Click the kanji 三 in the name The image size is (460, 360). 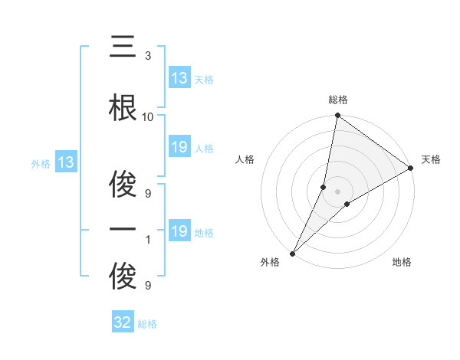coord(123,47)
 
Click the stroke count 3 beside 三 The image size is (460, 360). coord(147,56)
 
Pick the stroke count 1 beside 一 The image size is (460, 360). coord(147,240)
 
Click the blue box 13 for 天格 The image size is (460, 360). coord(179,78)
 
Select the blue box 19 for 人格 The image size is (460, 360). coord(179,147)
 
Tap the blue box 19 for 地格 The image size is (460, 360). coord(179,231)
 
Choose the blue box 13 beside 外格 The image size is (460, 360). coord(65,162)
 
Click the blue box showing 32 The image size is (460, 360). coord(123,322)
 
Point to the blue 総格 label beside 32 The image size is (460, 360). coord(147,324)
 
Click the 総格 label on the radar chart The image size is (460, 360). coord(337,100)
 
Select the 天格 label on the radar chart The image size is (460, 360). coord(431,159)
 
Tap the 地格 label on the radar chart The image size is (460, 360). coord(402,262)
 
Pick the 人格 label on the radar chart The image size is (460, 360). coord(245,159)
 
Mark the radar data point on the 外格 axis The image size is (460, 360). coord(292,253)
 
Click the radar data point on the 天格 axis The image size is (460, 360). coord(411,168)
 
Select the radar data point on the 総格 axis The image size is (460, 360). coord(337,116)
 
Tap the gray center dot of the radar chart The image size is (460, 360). coord(337,191)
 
